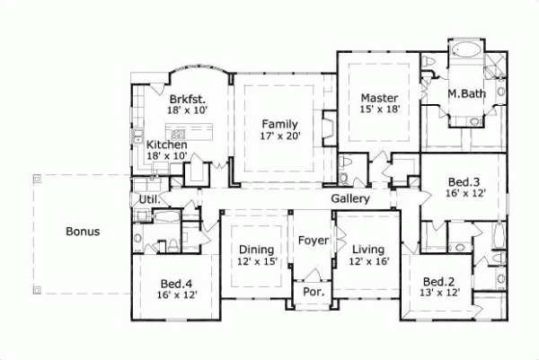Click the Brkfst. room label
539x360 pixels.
[186, 99]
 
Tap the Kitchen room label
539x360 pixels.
[167, 145]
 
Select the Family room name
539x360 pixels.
[280, 124]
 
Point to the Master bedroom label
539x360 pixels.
[379, 98]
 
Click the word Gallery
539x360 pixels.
[350, 198]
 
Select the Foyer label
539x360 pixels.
[314, 241]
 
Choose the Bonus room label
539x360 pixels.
[83, 232]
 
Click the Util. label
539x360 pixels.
[148, 199]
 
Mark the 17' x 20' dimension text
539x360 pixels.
[280, 136]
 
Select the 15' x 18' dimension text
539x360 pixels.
[379, 110]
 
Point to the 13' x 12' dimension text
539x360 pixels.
[440, 293]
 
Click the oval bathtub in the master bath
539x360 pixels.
[464, 51]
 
